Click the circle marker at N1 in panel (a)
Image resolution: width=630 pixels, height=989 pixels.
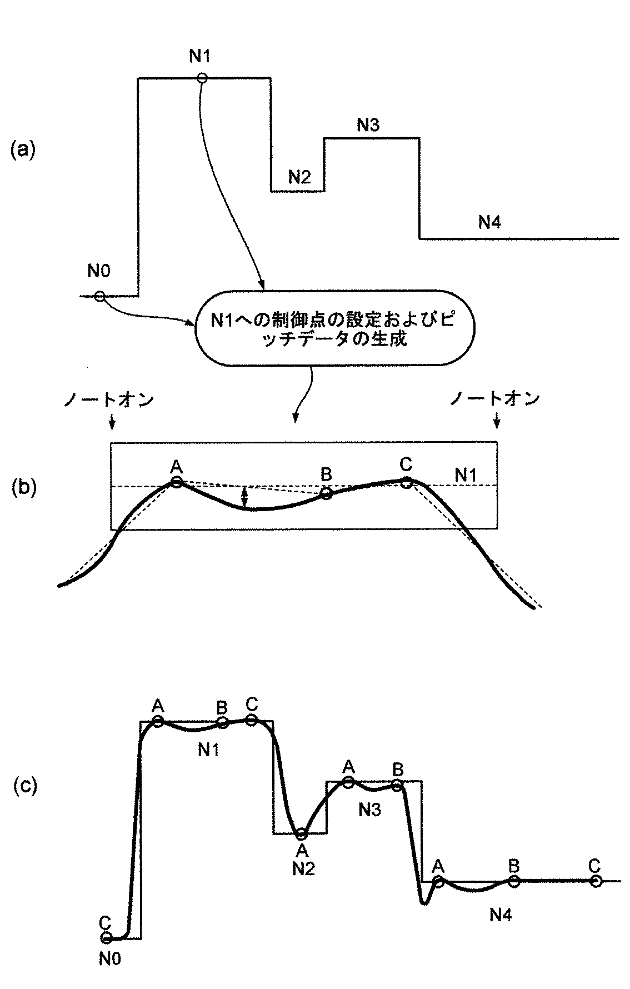pyautogui.click(x=202, y=78)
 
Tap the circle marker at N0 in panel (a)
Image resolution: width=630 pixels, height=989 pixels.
pyautogui.click(x=99, y=296)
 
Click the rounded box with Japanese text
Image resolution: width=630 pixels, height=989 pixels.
pyautogui.click(x=335, y=328)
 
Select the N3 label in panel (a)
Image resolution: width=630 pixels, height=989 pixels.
pyautogui.click(x=368, y=124)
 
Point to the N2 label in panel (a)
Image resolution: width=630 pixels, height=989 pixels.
pyautogui.click(x=299, y=177)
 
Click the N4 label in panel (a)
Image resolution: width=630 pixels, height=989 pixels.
pyautogui.click(x=489, y=222)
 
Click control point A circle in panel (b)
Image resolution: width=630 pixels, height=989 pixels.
pyautogui.click(x=176, y=482)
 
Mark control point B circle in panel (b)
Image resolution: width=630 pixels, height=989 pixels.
pyautogui.click(x=326, y=493)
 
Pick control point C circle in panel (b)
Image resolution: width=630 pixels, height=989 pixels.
pyautogui.click(x=407, y=482)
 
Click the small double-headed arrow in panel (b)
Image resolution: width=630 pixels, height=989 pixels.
pyautogui.click(x=244, y=497)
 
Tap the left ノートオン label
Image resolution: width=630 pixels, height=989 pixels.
pyautogui.click(x=108, y=399)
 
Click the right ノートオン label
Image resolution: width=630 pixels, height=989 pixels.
pyautogui.click(x=495, y=399)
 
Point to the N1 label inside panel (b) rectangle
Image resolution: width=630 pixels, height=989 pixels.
pyautogui.click(x=466, y=475)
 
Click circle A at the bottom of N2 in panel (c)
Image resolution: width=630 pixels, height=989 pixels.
pyautogui.click(x=301, y=834)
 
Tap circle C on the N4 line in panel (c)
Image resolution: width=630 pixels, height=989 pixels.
pyautogui.click(x=596, y=881)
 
